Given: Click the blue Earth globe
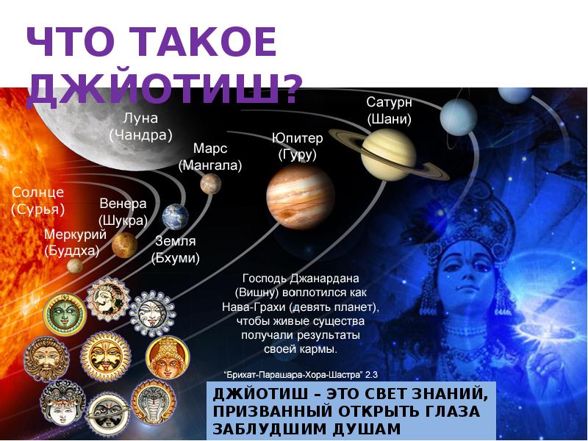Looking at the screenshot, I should point(175,216).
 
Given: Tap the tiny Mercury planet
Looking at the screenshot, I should point(74,265).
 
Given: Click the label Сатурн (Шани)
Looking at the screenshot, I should point(389,110).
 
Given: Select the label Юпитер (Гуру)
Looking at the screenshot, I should point(297,146).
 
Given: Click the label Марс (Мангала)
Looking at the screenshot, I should point(209,157).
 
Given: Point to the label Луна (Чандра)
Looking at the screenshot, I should point(140,126).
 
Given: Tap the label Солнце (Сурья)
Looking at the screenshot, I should point(37,201).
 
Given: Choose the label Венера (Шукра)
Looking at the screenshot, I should point(123,212).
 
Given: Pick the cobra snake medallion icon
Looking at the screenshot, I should point(152,401).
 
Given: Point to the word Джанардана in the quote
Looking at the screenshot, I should point(323,279).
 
